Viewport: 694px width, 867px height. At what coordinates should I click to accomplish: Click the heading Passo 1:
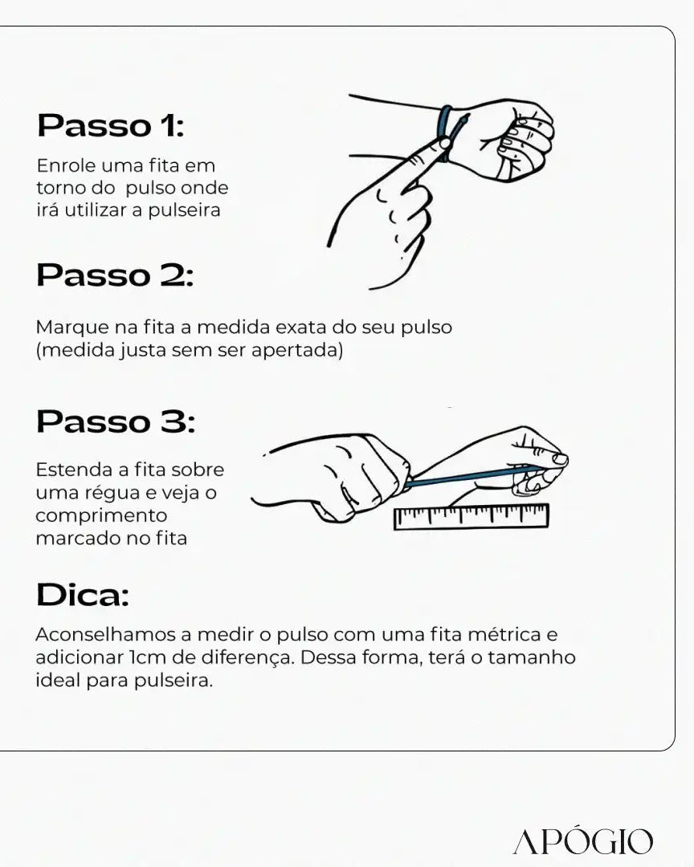110,125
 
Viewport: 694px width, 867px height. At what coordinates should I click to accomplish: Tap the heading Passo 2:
115,275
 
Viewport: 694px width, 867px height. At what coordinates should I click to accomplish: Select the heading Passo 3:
116,421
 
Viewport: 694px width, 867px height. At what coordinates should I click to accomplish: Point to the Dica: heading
83,595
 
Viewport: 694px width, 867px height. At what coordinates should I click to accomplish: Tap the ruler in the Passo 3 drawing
471,517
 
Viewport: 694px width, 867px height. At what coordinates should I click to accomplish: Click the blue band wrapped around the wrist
444,132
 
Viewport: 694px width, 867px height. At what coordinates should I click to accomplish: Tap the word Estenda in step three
74,470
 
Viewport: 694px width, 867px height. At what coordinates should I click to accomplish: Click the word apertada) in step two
297,350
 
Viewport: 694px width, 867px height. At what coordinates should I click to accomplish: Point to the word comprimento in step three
101,516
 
